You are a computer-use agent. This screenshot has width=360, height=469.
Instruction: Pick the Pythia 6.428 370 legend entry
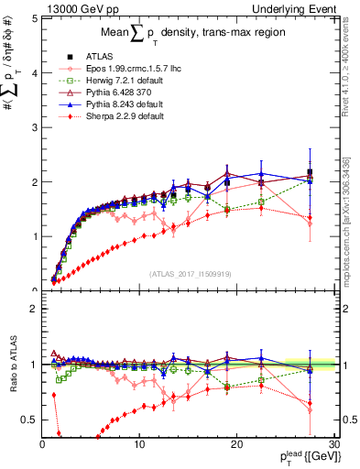(x=117, y=93)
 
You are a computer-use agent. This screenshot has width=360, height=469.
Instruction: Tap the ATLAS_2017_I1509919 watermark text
(x=190, y=272)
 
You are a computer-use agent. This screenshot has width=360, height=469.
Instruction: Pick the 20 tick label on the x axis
(x=237, y=443)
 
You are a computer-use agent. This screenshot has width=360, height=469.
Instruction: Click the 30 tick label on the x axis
(x=334, y=443)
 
